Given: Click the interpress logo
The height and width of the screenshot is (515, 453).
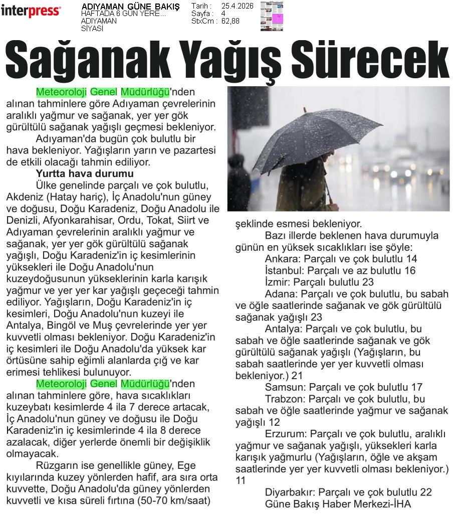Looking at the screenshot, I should [31, 11].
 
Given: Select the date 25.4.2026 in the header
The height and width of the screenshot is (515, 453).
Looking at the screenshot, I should [237, 6].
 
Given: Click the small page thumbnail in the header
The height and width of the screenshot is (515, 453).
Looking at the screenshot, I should [272, 16].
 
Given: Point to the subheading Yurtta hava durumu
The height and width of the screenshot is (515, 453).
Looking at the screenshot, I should [85, 174].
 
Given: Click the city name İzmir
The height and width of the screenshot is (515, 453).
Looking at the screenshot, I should [277, 282].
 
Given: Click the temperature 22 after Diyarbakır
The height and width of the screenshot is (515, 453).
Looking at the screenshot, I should [426, 492].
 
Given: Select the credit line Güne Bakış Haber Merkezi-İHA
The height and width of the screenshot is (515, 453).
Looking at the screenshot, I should [338, 504].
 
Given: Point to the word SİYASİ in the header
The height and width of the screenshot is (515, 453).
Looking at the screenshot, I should [92, 29].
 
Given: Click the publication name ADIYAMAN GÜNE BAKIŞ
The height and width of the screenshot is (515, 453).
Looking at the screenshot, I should [130, 7].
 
